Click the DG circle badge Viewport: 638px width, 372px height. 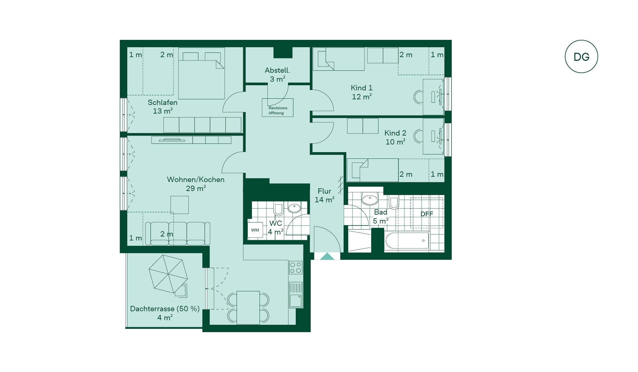point(581,56)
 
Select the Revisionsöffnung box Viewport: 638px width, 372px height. point(277,108)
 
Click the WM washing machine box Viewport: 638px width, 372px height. point(255,230)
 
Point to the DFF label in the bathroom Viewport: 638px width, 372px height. point(427,214)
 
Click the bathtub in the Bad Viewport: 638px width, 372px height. point(407,240)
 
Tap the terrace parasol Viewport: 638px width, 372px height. point(168,274)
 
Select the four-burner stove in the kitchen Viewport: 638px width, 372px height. point(296,268)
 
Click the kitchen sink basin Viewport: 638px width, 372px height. point(295,301)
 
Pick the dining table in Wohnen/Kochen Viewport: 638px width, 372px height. point(248,308)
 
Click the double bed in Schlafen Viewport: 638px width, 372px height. point(201,73)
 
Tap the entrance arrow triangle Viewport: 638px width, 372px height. point(327,256)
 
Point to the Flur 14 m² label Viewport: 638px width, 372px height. point(324,195)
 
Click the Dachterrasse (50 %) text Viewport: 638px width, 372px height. point(165,309)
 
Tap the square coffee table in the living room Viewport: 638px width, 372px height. point(179,205)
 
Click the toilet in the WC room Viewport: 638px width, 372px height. point(278,209)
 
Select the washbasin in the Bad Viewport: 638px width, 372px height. point(370,199)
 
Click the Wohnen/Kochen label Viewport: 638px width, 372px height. point(196,180)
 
